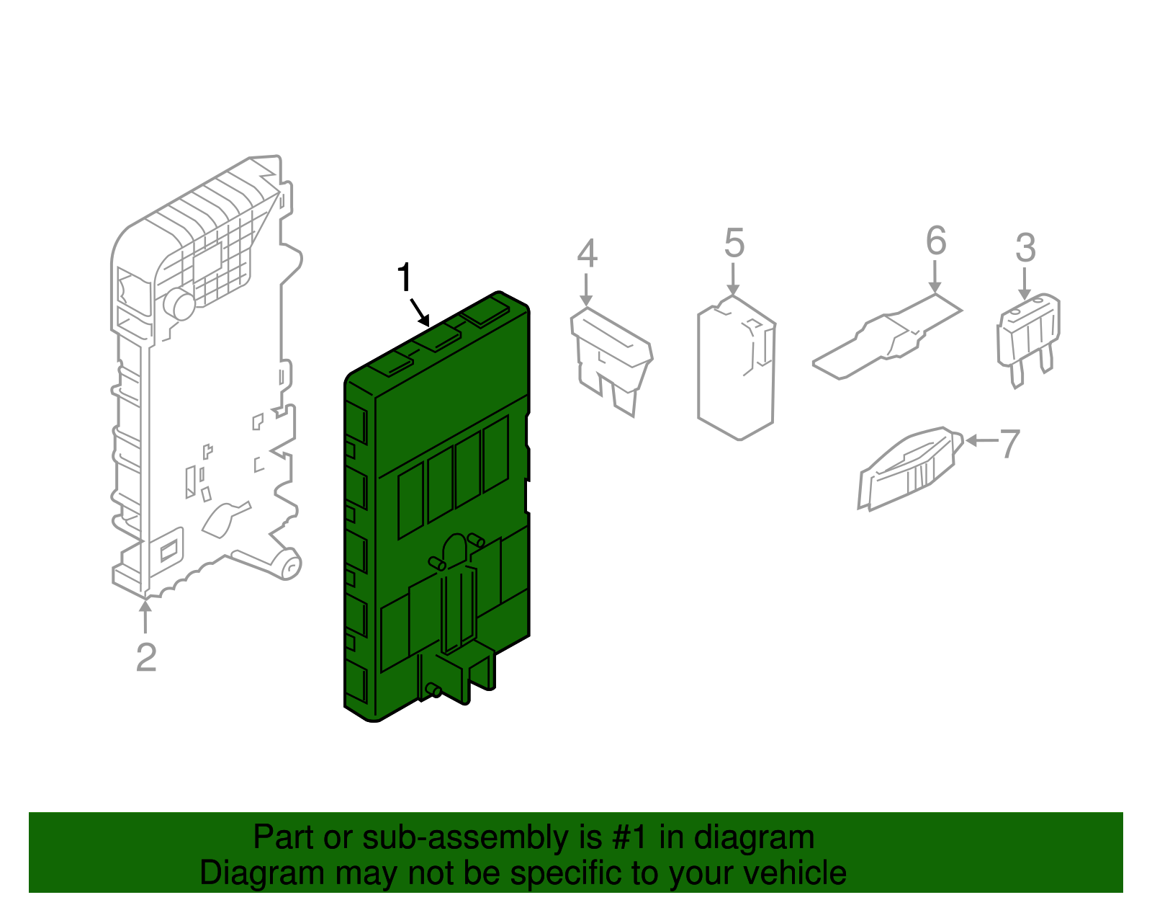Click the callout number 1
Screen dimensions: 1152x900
[405, 277]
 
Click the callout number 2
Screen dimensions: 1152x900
[146, 657]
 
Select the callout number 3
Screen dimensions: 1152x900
[1025, 248]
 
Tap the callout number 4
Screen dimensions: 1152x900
[588, 254]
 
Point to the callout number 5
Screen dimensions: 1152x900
[734, 243]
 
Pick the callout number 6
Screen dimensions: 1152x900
[936, 240]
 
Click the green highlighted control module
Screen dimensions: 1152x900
[436, 507]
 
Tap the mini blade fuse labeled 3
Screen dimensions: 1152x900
[1028, 339]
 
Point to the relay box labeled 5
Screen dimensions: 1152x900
[737, 367]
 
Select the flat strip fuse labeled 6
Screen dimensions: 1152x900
[887, 337]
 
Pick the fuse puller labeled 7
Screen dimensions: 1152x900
[910, 468]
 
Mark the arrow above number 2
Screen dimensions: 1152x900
[145, 615]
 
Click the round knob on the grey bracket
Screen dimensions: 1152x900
[180, 304]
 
